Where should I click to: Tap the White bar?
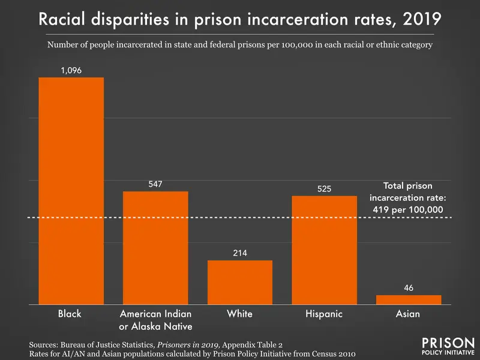(240, 282)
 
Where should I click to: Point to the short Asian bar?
(408, 299)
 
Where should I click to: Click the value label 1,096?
(71, 70)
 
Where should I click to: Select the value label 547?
(155, 184)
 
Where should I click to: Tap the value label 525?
(324, 188)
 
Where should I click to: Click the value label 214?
(240, 253)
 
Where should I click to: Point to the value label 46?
(408, 287)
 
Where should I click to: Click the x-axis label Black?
(70, 314)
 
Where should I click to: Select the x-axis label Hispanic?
(324, 314)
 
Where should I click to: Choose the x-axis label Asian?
(408, 314)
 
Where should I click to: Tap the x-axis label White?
(240, 314)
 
